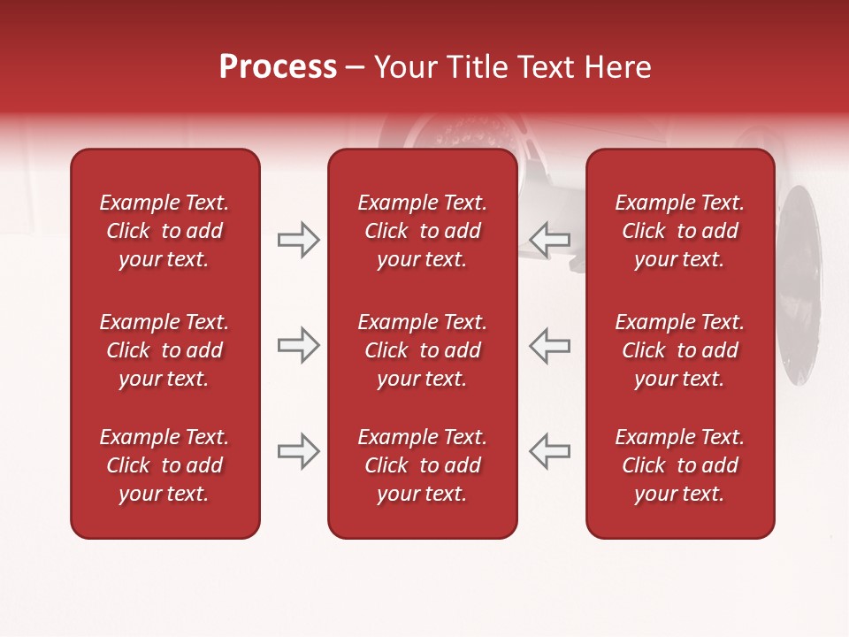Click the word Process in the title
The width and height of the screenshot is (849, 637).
[278, 67]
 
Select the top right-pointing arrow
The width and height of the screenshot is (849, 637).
[298, 240]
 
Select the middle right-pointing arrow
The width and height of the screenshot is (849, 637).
[298, 345]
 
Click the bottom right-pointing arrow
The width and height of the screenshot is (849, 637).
[298, 451]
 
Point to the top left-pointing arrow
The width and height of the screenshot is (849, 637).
[550, 240]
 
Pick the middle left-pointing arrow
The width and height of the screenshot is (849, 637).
[550, 345]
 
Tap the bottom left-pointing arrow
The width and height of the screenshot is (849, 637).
[550, 451]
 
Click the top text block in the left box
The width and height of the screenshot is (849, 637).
[164, 231]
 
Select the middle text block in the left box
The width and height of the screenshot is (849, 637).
[164, 350]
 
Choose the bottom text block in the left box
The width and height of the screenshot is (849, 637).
[164, 465]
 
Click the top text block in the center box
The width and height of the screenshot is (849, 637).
[423, 231]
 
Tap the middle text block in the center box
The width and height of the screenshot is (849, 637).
[423, 350]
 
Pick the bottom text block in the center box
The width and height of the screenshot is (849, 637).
[423, 465]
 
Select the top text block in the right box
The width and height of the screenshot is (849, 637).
[680, 231]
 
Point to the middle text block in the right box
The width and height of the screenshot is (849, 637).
[680, 350]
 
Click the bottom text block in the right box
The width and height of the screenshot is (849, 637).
[680, 465]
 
